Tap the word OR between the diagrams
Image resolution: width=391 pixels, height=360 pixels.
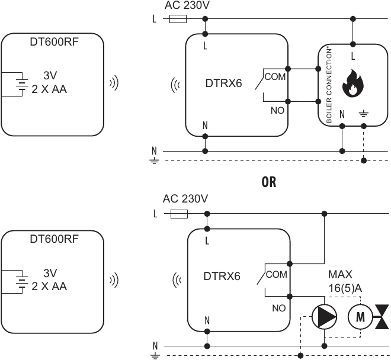click(269, 182)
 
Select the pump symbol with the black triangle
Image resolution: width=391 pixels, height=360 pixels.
click(324, 317)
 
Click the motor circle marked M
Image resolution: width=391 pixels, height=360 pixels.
click(359, 316)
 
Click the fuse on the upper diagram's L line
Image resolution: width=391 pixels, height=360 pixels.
click(178, 19)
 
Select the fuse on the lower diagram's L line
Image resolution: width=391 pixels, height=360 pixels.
click(179, 214)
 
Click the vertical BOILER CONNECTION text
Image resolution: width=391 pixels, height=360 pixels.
click(329, 87)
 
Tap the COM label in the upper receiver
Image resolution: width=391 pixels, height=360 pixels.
click(275, 77)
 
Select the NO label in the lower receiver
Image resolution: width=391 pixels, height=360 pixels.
click(278, 308)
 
